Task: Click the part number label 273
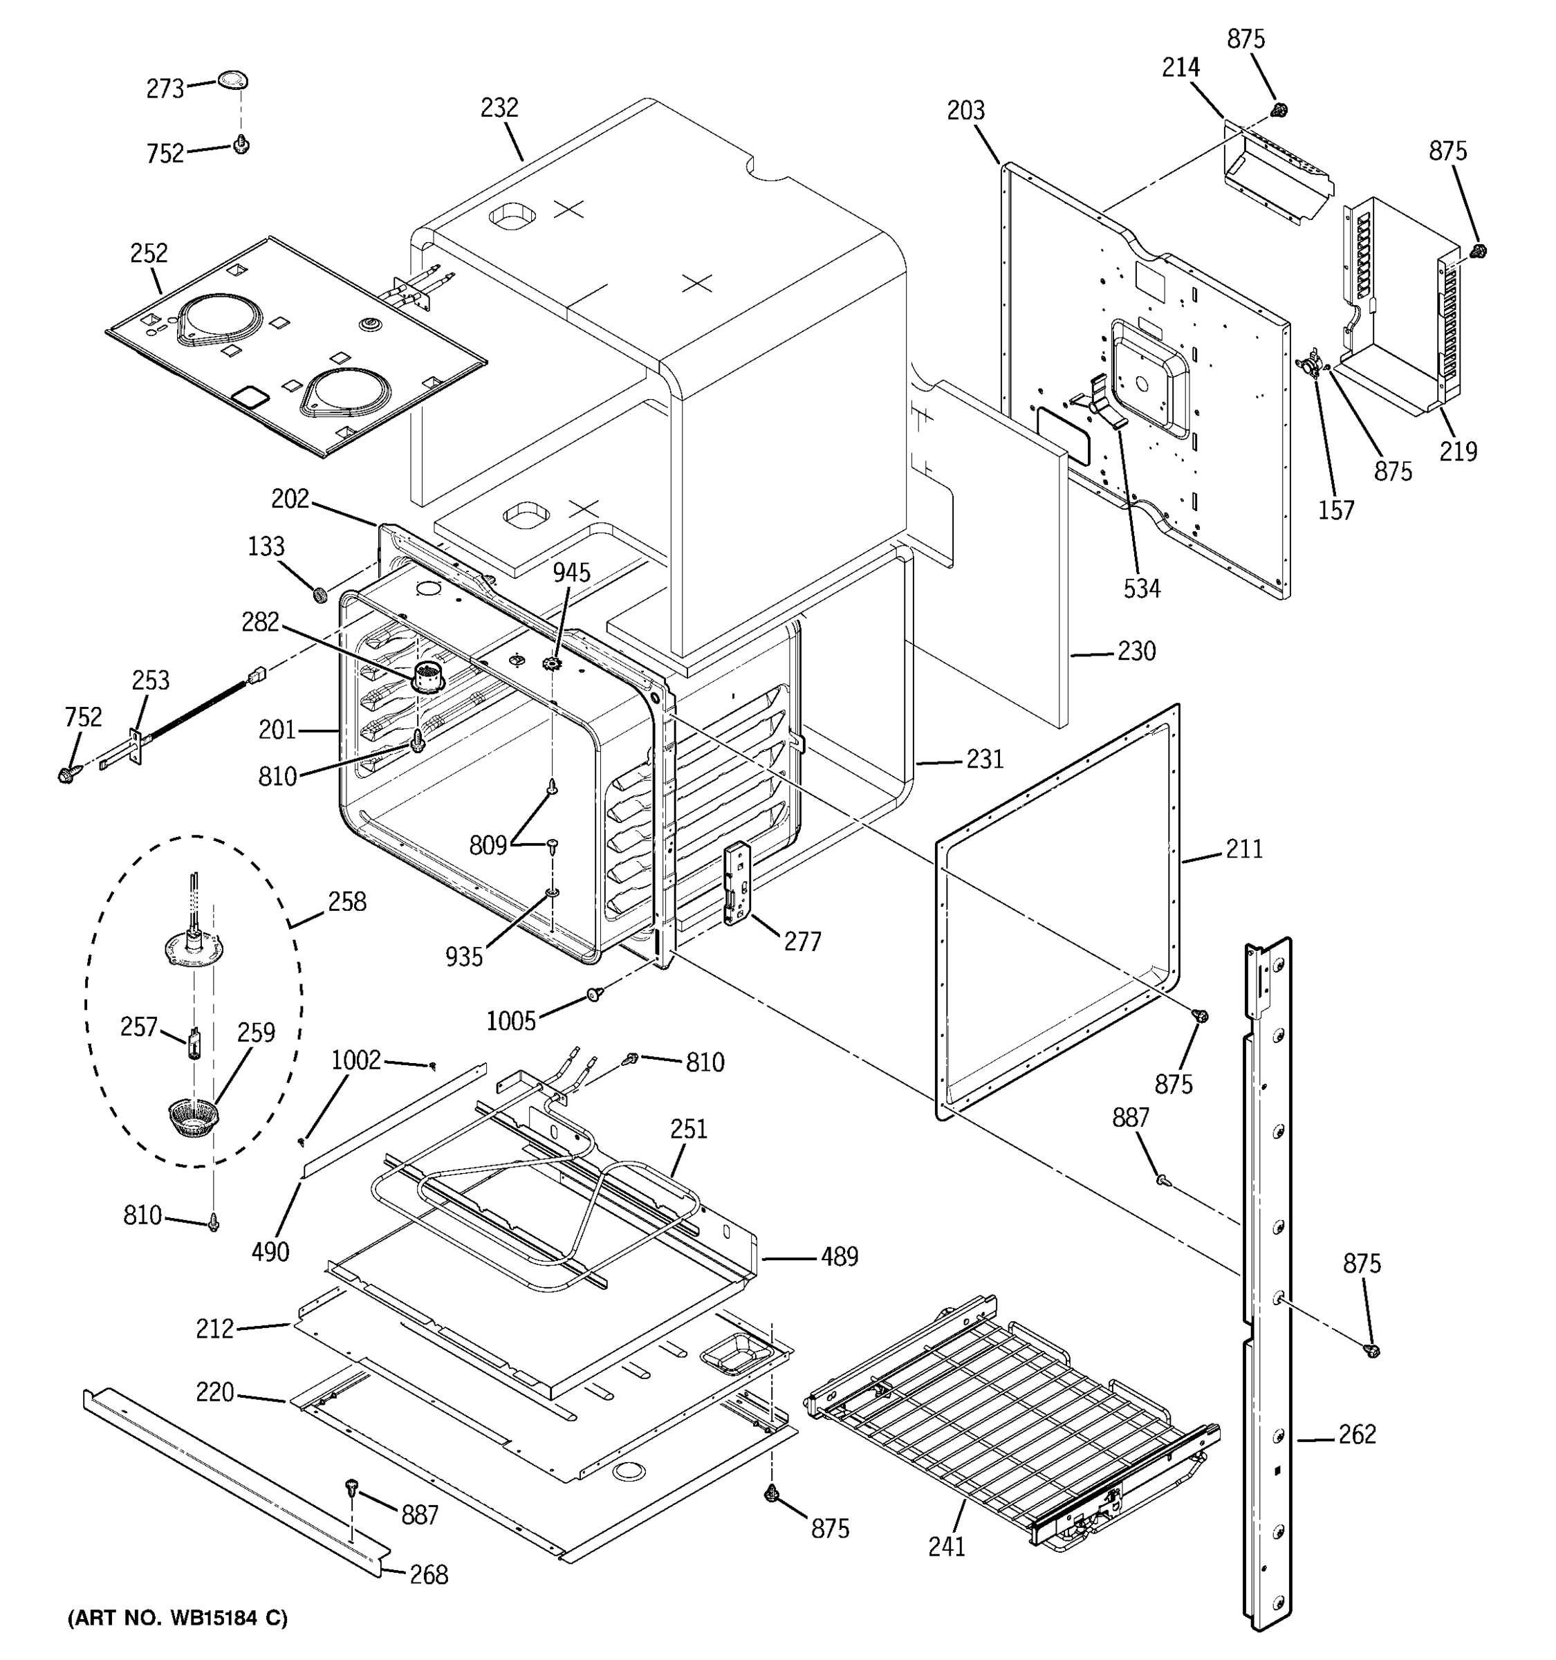(x=165, y=89)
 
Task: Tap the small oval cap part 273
(x=234, y=80)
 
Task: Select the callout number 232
(x=499, y=108)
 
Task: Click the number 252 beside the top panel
(x=149, y=253)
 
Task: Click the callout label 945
(x=571, y=573)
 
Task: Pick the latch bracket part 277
(x=737, y=883)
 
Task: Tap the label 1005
(x=511, y=1020)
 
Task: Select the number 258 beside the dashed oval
(x=347, y=902)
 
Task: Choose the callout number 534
(x=1141, y=589)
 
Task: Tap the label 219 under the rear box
(x=1458, y=451)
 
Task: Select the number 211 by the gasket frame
(x=1244, y=849)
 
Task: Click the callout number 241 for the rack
(x=947, y=1547)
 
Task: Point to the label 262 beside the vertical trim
(x=1358, y=1435)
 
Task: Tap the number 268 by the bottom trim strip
(x=428, y=1575)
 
